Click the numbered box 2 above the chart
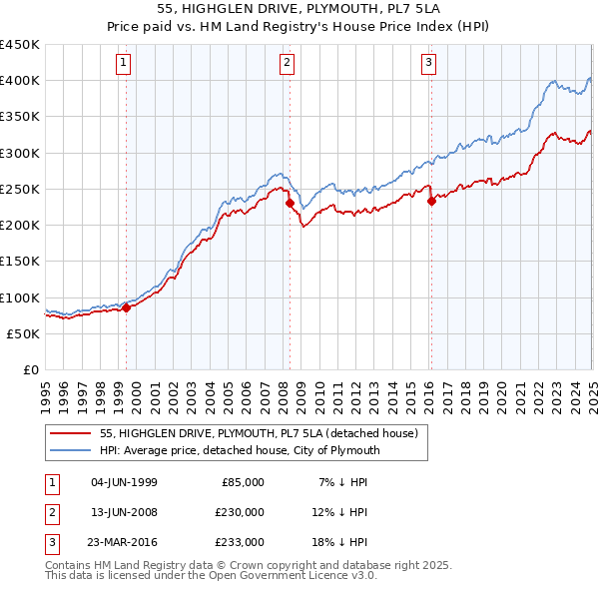(x=287, y=63)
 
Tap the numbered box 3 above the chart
(x=428, y=63)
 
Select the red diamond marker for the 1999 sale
(x=127, y=308)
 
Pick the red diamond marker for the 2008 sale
(x=290, y=204)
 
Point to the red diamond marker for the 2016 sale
(x=432, y=201)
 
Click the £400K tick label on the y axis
(x=20, y=81)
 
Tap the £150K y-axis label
(x=20, y=262)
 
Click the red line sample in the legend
(x=71, y=433)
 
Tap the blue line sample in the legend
(x=71, y=450)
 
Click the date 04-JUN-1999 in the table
(x=124, y=482)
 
